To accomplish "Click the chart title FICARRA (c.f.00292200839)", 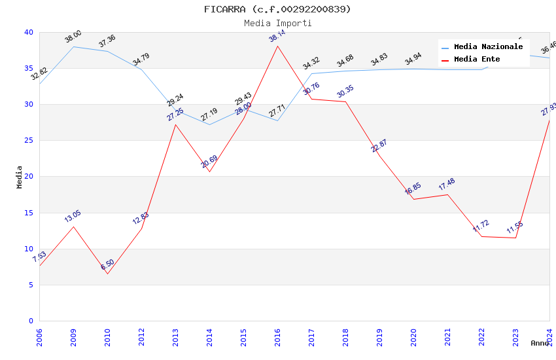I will (277, 9).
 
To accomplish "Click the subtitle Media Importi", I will (277, 23).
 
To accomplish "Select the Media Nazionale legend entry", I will (488, 46).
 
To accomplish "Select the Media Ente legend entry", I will (477, 59).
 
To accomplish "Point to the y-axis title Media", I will (20, 177).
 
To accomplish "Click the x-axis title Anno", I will (540, 343).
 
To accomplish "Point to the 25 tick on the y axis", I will (29, 141).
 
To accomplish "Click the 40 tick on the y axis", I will (29, 33).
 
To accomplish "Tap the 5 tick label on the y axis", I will (31, 285).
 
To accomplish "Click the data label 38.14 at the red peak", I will (277, 36).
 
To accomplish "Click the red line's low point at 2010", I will (107, 274).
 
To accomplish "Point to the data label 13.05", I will (73, 217).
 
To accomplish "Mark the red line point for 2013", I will (175, 124).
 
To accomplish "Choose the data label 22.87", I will (379, 146).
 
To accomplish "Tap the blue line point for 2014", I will (209, 124).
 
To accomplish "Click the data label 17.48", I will (447, 185).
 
